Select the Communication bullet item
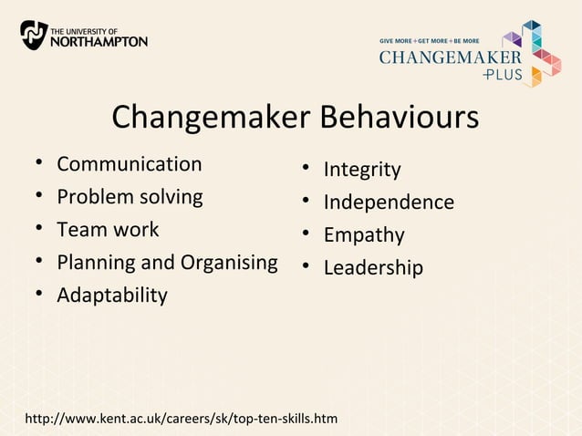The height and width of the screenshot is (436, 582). [129, 164]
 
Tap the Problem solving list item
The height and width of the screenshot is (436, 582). [130, 197]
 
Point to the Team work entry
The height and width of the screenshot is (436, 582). [108, 230]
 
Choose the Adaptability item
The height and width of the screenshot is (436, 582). [112, 296]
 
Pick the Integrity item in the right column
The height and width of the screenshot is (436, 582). [362, 170]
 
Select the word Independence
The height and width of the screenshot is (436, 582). [389, 202]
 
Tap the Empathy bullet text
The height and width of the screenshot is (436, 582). [364, 235]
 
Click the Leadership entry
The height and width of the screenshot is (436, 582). [373, 268]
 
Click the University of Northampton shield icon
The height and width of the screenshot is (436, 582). [34, 35]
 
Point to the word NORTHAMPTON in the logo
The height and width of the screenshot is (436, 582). [99, 41]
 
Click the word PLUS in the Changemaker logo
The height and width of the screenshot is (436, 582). [504, 75]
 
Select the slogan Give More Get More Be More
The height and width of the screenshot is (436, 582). [430, 41]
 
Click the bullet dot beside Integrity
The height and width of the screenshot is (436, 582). [307, 170]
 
